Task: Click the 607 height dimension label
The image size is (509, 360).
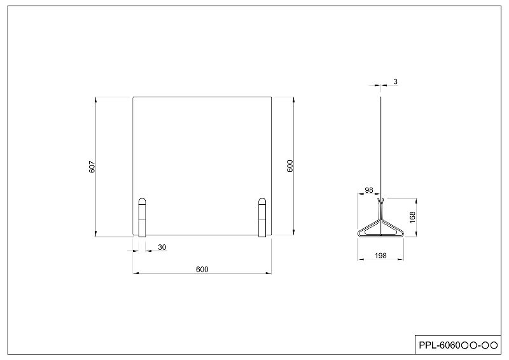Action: pyautogui.click(x=92, y=167)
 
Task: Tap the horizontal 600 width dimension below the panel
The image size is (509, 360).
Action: pyautogui.click(x=202, y=269)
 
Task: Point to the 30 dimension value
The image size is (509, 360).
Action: pyautogui.click(x=162, y=247)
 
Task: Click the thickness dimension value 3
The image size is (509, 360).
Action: pyautogui.click(x=395, y=82)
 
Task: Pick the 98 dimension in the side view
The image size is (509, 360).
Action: pyautogui.click(x=369, y=190)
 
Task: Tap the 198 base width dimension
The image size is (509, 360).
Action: pyautogui.click(x=381, y=256)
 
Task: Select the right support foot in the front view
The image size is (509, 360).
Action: pyautogui.click(x=261, y=218)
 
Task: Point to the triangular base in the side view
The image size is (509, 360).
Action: pyautogui.click(x=381, y=228)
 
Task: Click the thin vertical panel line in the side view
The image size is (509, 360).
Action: pyautogui.click(x=380, y=146)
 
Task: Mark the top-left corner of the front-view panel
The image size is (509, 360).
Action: pyautogui.click(x=133, y=97)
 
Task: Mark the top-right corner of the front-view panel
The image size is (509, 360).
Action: pyautogui.click(x=272, y=97)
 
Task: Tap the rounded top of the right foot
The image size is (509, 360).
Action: pyautogui.click(x=261, y=201)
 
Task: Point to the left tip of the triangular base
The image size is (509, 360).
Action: pyautogui.click(x=359, y=234)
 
